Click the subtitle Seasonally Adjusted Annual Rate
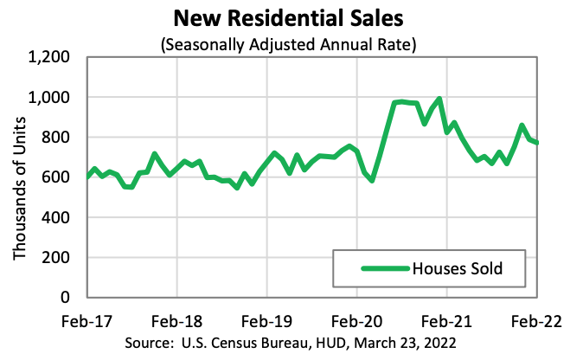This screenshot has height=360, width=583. click(291, 44)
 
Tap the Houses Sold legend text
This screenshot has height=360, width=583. click(471, 269)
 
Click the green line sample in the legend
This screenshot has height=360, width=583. click(380, 269)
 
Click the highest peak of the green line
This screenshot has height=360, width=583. click(439, 99)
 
